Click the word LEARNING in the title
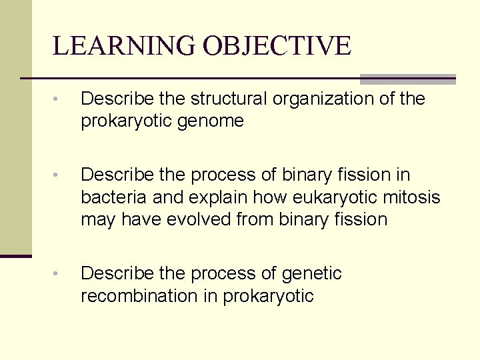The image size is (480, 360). (x=125, y=46)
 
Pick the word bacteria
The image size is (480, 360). (x=111, y=197)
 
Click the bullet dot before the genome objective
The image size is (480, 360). (x=58, y=100)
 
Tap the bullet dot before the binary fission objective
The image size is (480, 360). (x=58, y=176)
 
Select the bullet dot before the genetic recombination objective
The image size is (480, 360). (x=58, y=274)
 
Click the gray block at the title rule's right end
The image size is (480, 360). (x=407, y=79)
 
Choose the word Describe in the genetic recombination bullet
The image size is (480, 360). (x=121, y=273)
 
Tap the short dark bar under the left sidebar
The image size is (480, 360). (x=15, y=255)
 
